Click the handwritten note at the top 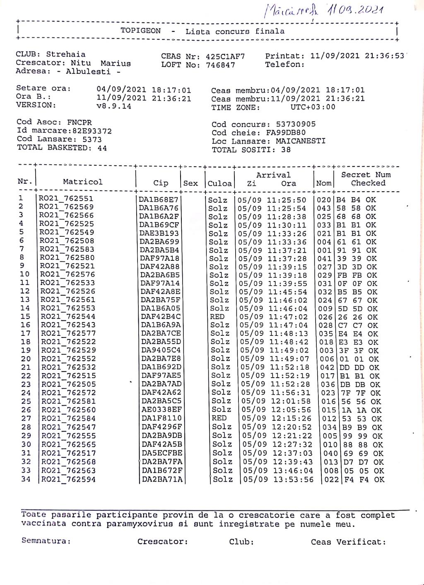[x=323, y=10]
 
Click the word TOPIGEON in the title [x=141, y=31]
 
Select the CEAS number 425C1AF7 [x=225, y=56]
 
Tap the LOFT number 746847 [x=220, y=65]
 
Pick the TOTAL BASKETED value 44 [x=102, y=148]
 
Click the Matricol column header [x=83, y=182]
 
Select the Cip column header [x=161, y=183]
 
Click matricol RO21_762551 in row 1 [x=66, y=199]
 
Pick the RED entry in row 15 [x=217, y=317]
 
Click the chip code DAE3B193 [x=159, y=233]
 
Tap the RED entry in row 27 [x=219, y=418]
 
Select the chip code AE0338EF [x=161, y=410]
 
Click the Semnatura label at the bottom [x=46, y=541]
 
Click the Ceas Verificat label [x=348, y=542]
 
